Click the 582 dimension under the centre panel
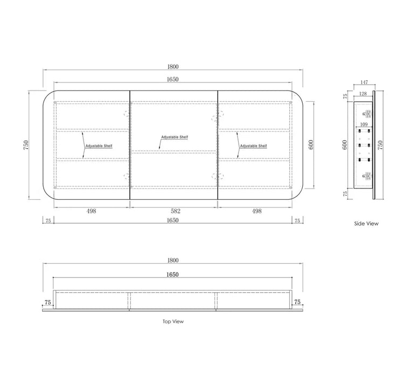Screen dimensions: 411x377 click(x=176, y=211)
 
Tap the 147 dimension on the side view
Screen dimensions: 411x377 click(x=364, y=82)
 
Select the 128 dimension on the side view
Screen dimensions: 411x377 click(x=363, y=94)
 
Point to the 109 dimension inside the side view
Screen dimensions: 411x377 click(x=364, y=124)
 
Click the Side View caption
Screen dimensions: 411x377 click(x=366, y=224)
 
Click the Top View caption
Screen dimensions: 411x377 click(x=173, y=322)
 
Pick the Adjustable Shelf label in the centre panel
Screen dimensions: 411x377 click(x=175, y=137)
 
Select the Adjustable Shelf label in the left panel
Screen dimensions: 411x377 click(x=99, y=146)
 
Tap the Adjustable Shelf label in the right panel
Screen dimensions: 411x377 click(x=254, y=146)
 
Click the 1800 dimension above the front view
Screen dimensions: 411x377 click(x=173, y=67)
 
